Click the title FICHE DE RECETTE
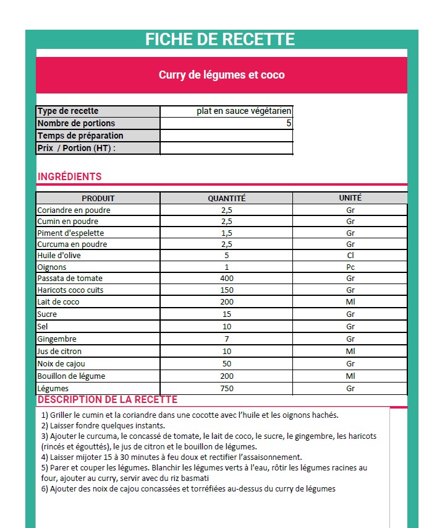(220, 40)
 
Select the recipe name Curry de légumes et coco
(222, 75)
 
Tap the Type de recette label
(68, 111)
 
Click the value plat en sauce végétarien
(244, 111)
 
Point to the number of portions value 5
(288, 123)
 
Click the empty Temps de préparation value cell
(226, 136)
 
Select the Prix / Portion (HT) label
(77, 148)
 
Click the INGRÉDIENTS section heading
(70, 176)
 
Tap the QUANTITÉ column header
(226, 198)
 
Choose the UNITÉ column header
(350, 198)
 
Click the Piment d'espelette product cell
(70, 233)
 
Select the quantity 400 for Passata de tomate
(226, 279)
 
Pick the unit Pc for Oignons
(350, 267)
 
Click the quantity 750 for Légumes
(226, 388)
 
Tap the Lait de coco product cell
(58, 301)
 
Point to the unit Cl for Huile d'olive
(350, 255)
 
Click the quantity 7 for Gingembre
(226, 339)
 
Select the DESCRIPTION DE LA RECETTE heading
(108, 400)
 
